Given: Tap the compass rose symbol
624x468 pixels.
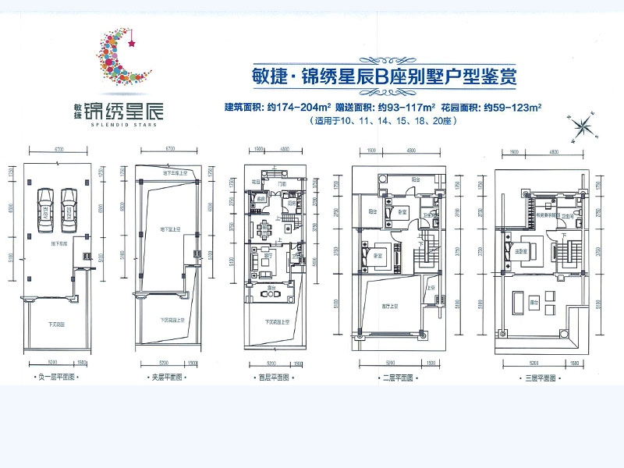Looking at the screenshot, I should tap(581, 126).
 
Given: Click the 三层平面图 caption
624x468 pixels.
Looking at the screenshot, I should tap(540, 378).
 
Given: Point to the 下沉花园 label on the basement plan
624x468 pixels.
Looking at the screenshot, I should tap(48, 321).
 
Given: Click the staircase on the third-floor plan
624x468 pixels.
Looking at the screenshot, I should tap(564, 254).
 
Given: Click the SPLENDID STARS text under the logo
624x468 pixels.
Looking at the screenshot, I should tap(125, 123).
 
